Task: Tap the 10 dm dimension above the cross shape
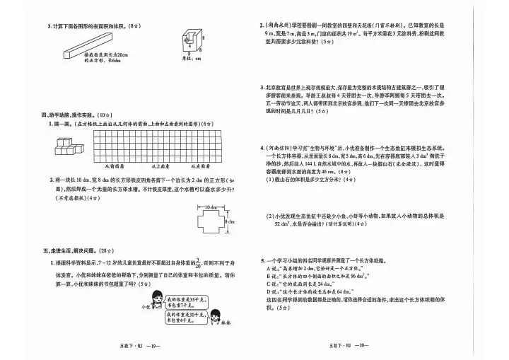(x=205, y=207)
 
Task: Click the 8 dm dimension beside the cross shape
(x=228, y=223)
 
